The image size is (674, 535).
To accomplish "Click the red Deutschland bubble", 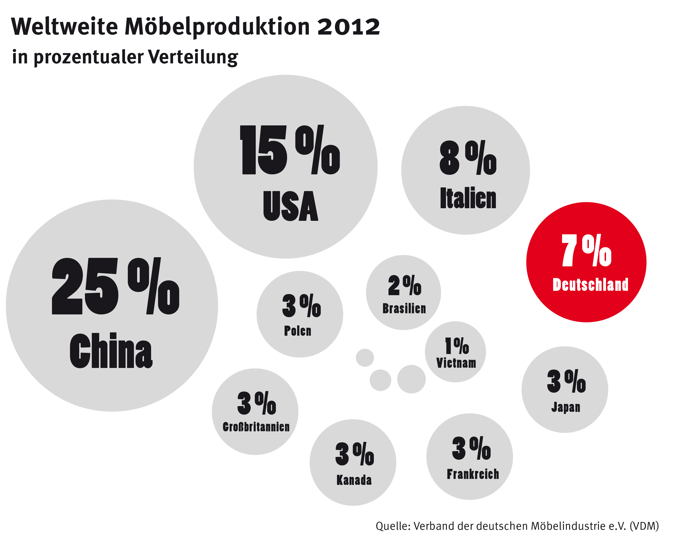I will tap(586, 262).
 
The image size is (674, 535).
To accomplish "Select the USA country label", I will tap(291, 206).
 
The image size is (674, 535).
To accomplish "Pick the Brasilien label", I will tap(404, 308).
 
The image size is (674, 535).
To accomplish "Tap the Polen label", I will tap(298, 331).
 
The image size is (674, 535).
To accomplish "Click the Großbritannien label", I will tap(256, 427).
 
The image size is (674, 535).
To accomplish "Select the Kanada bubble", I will tap(353, 462).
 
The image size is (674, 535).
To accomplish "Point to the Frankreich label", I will tap(473, 474).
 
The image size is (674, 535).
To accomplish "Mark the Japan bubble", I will tap(565, 389).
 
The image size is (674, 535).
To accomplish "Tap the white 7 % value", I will tap(587, 250).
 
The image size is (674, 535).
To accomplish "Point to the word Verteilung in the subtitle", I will tap(193, 57).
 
